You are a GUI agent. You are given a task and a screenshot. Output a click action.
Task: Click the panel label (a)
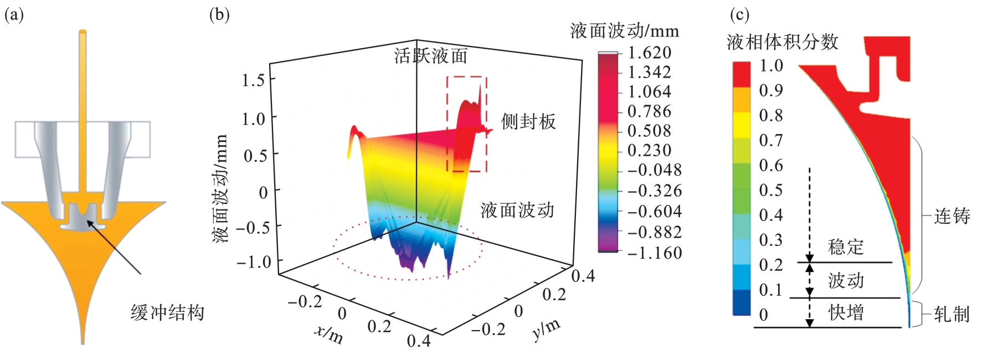14,15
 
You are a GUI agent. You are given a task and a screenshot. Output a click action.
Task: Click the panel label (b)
219,14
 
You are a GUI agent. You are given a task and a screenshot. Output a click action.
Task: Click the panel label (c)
739,14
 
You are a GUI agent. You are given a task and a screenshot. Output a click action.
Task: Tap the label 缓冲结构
167,313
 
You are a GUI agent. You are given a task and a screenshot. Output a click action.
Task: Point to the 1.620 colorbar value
649,53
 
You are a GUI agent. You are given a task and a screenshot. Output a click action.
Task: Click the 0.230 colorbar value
649,150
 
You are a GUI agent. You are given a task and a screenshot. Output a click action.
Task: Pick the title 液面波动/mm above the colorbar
624,30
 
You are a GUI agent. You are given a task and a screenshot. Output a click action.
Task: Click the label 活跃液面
430,56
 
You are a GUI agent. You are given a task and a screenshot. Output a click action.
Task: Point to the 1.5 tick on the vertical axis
254,80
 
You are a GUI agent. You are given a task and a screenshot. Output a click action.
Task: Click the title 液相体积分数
782,42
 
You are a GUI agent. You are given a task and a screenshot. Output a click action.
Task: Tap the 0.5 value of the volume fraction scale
771,190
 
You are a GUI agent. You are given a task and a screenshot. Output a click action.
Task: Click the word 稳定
846,247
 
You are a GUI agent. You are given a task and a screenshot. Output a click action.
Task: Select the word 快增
846,313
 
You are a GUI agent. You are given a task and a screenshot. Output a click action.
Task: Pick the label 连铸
952,216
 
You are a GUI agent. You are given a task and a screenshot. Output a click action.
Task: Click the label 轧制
952,315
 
